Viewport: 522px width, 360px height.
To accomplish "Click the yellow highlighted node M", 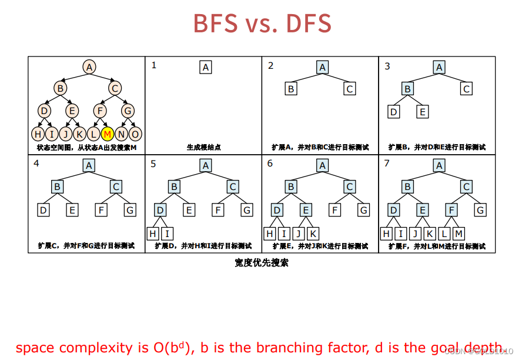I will point(108,134).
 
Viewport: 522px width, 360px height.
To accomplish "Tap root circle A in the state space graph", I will point(89,67).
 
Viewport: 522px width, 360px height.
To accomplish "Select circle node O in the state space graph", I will point(135,134).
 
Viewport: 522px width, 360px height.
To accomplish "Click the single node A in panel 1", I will point(206,67).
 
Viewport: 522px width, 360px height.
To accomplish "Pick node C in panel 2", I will point(350,89).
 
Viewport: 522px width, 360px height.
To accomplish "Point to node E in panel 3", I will point(423,112).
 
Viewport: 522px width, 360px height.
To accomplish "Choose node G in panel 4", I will point(129,209).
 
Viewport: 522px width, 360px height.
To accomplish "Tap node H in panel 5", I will point(153,234).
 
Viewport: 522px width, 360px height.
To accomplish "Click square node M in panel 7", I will point(459,234).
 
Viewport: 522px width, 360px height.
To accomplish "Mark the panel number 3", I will point(387,66).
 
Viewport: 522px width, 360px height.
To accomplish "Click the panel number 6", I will point(270,164).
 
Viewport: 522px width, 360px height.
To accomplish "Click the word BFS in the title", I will point(216,24).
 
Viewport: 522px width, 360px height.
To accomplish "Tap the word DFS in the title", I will point(309,24).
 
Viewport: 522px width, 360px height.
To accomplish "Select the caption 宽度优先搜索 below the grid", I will point(261,263).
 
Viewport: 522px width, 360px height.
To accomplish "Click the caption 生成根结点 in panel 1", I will point(204,147).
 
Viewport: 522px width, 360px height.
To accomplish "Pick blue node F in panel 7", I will point(451,209).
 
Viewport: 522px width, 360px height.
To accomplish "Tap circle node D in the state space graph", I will point(45,110).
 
